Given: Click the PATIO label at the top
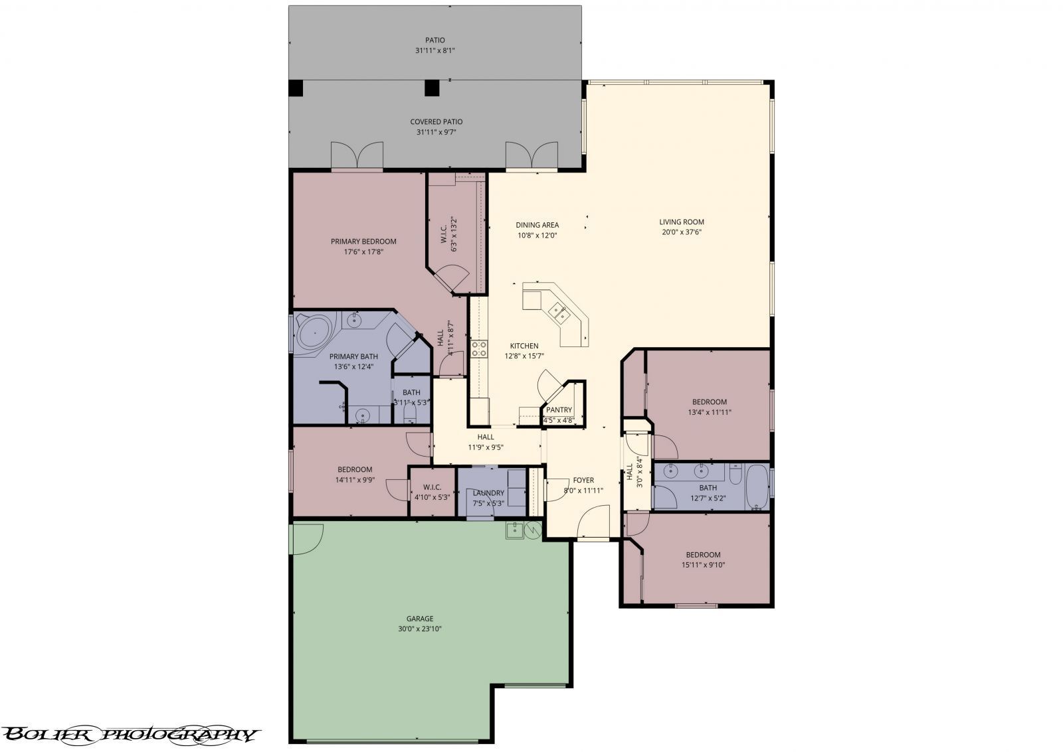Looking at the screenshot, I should tap(435, 40).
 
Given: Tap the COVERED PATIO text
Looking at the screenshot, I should tap(436, 122).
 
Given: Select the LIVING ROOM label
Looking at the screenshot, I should tap(682, 222).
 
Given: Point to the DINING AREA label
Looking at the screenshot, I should tap(537, 225).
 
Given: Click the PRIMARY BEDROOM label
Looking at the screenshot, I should tap(363, 242).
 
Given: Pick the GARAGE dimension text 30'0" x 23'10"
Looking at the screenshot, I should tap(419, 629).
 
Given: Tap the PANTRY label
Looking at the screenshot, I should tap(559, 410).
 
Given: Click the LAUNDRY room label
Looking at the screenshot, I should tap(488, 493).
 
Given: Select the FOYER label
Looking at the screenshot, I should tap(583, 481).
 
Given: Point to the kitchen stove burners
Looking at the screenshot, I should tap(479, 348).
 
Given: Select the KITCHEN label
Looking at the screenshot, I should tap(524, 346).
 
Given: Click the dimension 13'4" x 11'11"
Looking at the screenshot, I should tap(710, 412).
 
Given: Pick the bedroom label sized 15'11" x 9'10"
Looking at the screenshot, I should tap(703, 555).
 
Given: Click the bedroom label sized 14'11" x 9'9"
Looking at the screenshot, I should tap(355, 470).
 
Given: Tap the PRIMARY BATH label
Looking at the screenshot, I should tap(353, 356).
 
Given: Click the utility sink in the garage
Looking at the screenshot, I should tap(514, 530).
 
